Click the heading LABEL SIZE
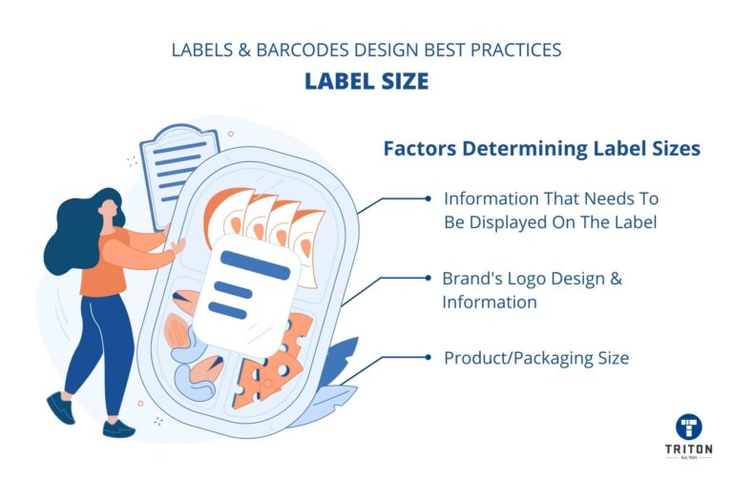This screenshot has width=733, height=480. click(366, 81)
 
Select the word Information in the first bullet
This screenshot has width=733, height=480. click(491, 198)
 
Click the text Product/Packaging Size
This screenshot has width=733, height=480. click(536, 359)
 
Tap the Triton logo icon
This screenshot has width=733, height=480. click(689, 427)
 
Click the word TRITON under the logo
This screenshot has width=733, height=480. click(689, 449)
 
